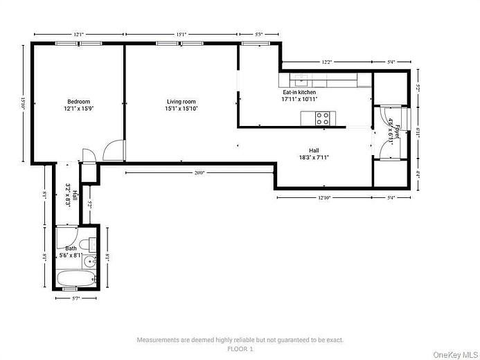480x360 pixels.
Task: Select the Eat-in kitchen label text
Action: coord(299,96)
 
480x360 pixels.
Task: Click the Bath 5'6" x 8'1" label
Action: coord(71,252)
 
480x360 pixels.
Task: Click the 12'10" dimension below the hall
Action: coord(324,198)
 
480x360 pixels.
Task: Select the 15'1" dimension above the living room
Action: coord(180,33)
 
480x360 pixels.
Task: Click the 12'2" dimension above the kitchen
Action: coord(326,62)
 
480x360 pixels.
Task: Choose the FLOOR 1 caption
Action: coord(240,350)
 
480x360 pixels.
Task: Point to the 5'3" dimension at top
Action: coord(259,33)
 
